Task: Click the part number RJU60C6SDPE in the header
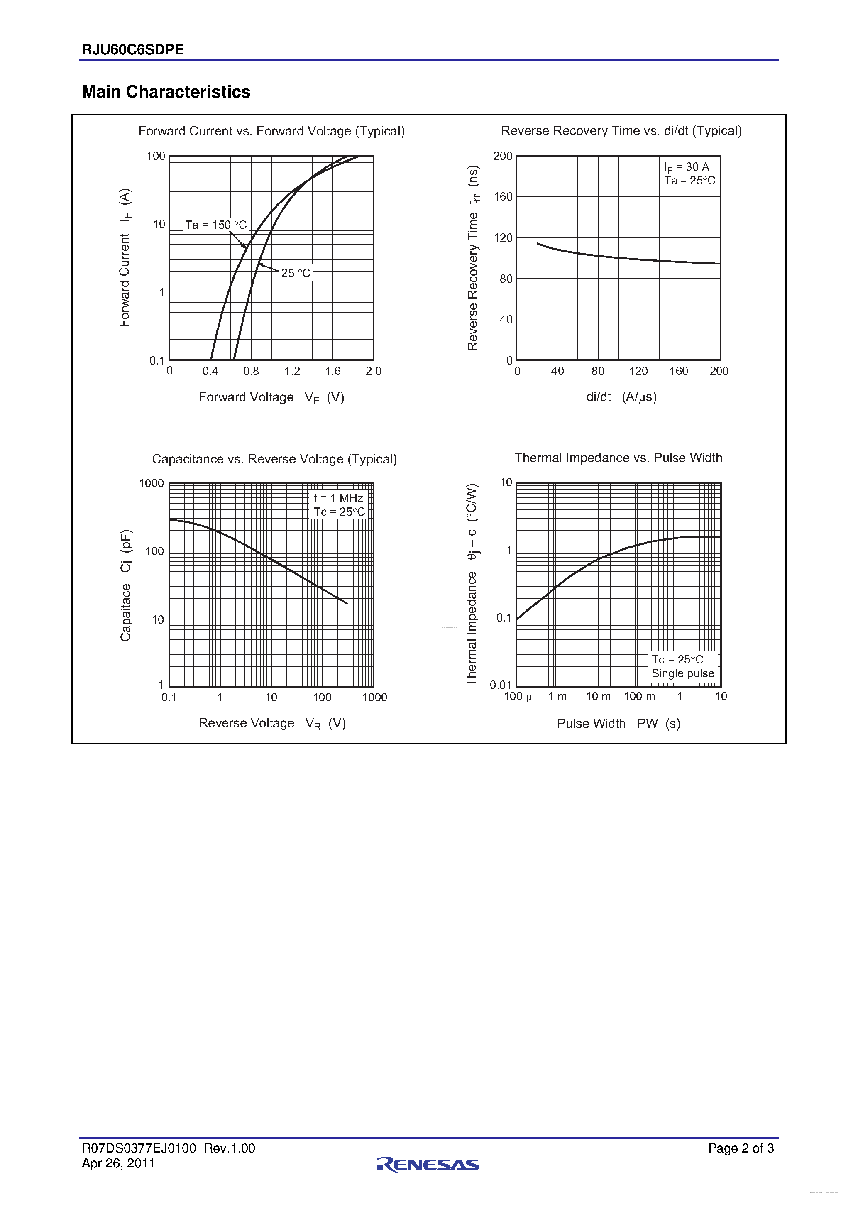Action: coord(133,50)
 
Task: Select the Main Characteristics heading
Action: coord(166,92)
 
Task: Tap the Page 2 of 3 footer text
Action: coord(741,1148)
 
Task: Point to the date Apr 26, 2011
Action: coord(118,1163)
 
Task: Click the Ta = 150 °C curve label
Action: coord(216,225)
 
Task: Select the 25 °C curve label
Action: coord(296,273)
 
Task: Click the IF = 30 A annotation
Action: coord(687,167)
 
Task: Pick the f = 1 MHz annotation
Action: coord(338,498)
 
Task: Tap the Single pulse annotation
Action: coord(682,673)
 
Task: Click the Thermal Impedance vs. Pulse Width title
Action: coord(618,458)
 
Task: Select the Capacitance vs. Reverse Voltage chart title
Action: coord(274,459)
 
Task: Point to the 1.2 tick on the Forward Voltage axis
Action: coord(292,371)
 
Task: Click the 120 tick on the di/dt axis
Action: coord(638,371)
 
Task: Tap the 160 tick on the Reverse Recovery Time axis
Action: coord(503,197)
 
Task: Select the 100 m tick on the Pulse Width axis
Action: coord(639,696)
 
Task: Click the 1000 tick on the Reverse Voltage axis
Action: coord(374,698)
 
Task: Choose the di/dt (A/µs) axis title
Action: coord(621,397)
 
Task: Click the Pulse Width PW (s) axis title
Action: coord(618,723)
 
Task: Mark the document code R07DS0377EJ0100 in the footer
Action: coord(139,1148)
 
